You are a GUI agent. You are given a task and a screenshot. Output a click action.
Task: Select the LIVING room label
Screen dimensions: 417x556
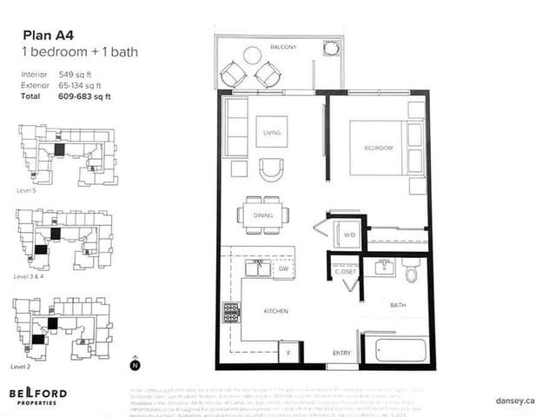tap(272, 133)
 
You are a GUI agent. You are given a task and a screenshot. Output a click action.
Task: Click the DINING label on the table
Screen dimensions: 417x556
tap(263, 215)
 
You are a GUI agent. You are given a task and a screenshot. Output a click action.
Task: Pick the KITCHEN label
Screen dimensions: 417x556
tap(275, 310)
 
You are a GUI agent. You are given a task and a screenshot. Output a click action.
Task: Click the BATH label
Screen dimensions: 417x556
tap(397, 305)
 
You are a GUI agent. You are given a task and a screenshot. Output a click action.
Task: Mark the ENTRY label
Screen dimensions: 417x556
tap(342, 353)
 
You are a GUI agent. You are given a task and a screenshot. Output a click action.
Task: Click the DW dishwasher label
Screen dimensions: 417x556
tap(282, 269)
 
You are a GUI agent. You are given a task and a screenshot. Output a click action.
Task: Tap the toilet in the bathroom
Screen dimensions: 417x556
tap(412, 271)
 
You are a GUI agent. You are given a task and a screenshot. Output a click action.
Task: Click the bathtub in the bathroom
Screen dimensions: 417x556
tap(396, 351)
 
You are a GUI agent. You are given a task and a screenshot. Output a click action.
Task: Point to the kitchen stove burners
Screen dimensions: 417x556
tap(232, 312)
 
